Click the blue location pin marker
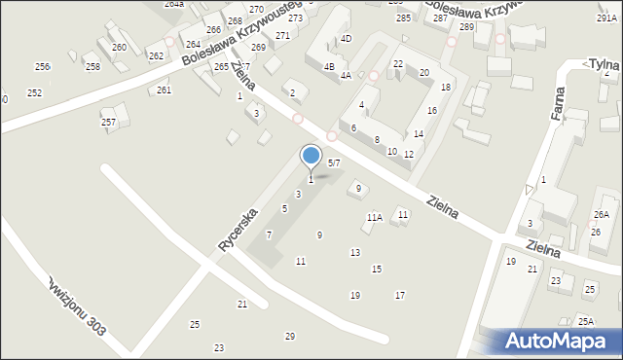pyautogui.click(x=311, y=157)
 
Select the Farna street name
pyautogui.click(x=559, y=100)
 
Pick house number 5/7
pyautogui.click(x=333, y=162)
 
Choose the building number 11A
pyautogui.click(x=374, y=218)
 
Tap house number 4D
pyautogui.click(x=346, y=39)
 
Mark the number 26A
pyautogui.click(x=602, y=214)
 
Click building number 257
pyautogui.click(x=109, y=122)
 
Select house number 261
pyautogui.click(x=164, y=90)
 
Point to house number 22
pyautogui.click(x=398, y=63)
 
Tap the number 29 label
pyautogui.click(x=289, y=336)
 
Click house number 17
pyautogui.click(x=399, y=295)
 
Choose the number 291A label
pyautogui.click(x=605, y=18)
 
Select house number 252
pyautogui.click(x=34, y=92)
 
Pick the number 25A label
pyautogui.click(x=585, y=321)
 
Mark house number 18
pyautogui.click(x=446, y=88)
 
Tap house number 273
pyautogui.click(x=295, y=18)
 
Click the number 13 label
pyautogui.click(x=354, y=252)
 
